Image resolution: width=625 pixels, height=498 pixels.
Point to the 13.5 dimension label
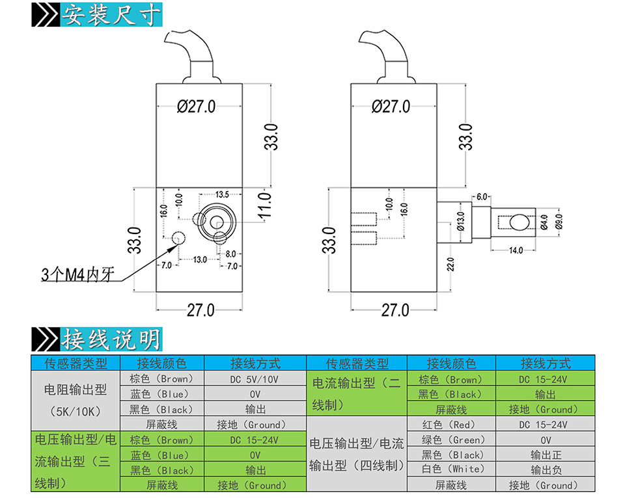(x=222, y=194)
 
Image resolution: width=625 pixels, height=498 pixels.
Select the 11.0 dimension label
(x=264, y=207)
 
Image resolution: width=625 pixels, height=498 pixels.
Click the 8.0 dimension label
(x=231, y=254)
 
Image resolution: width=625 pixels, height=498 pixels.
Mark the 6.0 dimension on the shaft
(x=482, y=196)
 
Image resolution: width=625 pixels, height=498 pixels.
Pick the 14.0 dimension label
(x=516, y=250)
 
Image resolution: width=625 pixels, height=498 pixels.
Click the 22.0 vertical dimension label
(x=450, y=264)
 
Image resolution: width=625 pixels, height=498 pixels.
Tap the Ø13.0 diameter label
(x=460, y=221)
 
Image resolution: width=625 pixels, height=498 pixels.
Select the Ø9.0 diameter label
(x=558, y=222)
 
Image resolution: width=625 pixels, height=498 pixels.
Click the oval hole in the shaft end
(x=520, y=222)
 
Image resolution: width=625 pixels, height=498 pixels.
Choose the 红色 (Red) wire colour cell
(x=451, y=425)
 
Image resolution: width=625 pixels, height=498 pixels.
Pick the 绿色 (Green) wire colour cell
(x=451, y=440)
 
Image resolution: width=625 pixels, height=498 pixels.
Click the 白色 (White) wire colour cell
(x=451, y=469)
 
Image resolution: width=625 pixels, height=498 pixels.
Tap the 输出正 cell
(x=545, y=455)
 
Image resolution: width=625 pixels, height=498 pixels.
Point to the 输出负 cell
(x=545, y=469)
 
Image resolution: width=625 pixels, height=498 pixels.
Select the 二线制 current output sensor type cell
(x=356, y=394)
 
